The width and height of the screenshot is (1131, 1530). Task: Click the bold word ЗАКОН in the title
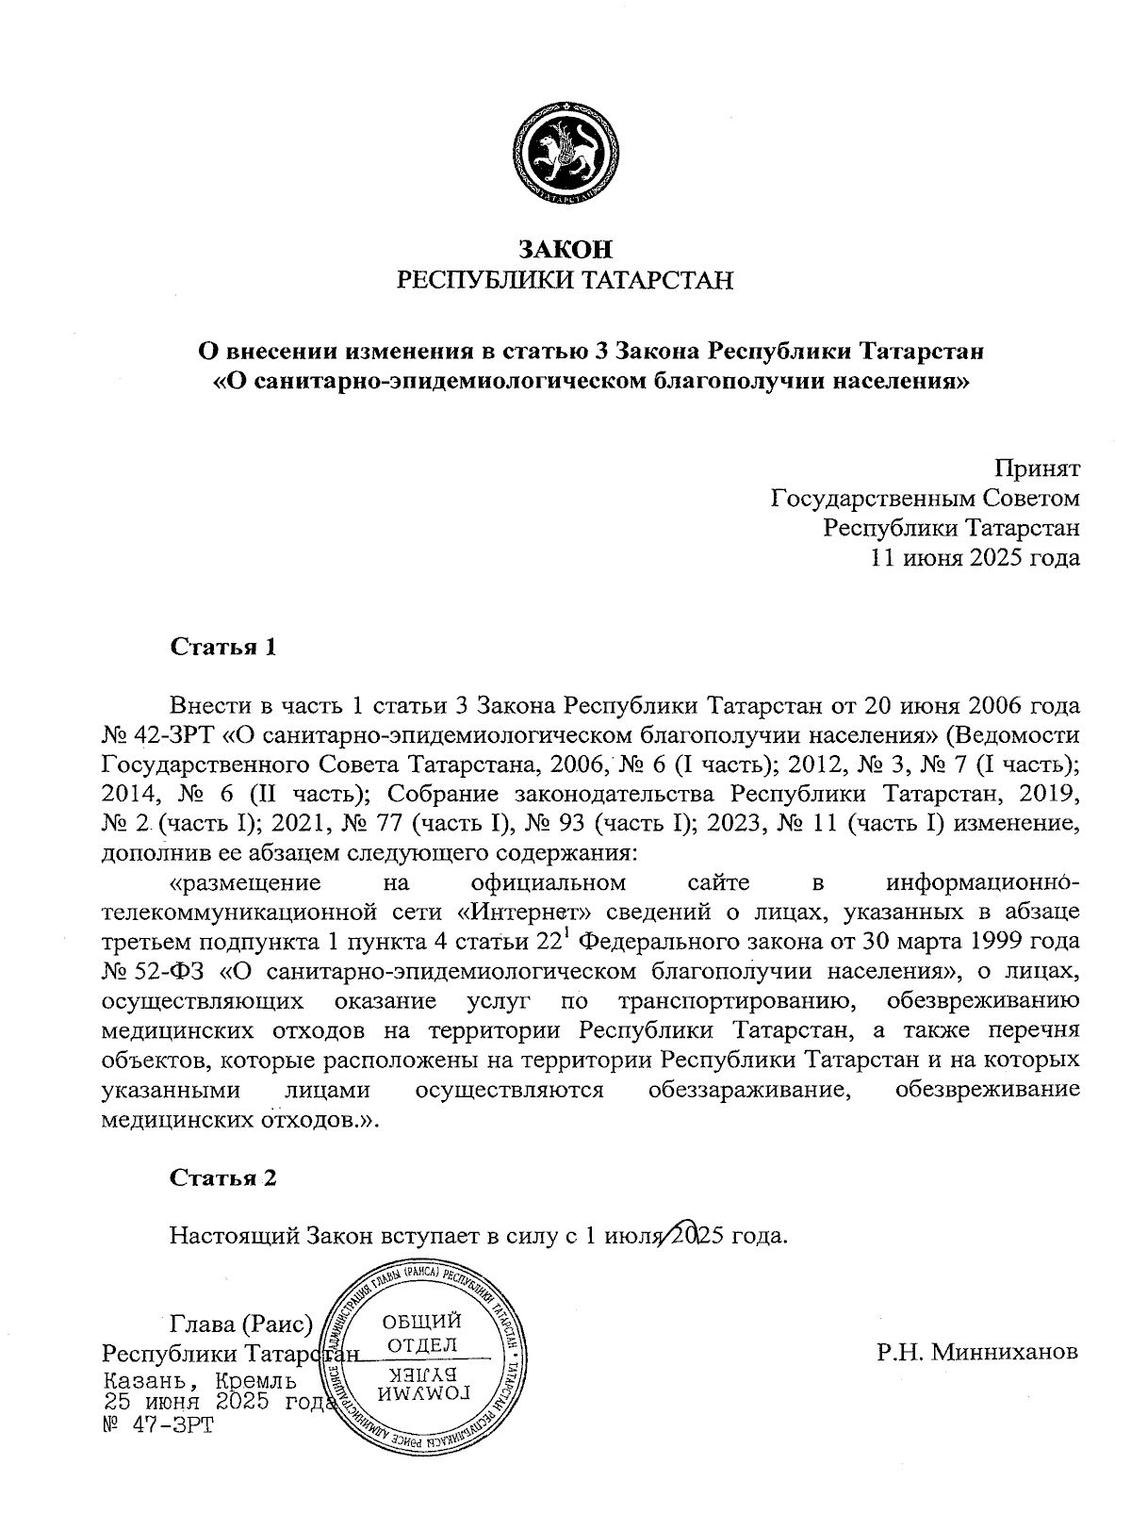[x=565, y=249]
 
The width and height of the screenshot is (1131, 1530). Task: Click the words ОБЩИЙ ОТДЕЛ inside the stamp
[x=421, y=1332]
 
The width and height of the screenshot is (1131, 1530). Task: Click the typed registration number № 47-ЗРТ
[x=157, y=1423]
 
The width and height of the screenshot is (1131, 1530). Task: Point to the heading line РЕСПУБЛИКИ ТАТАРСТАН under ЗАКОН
[x=565, y=280]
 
